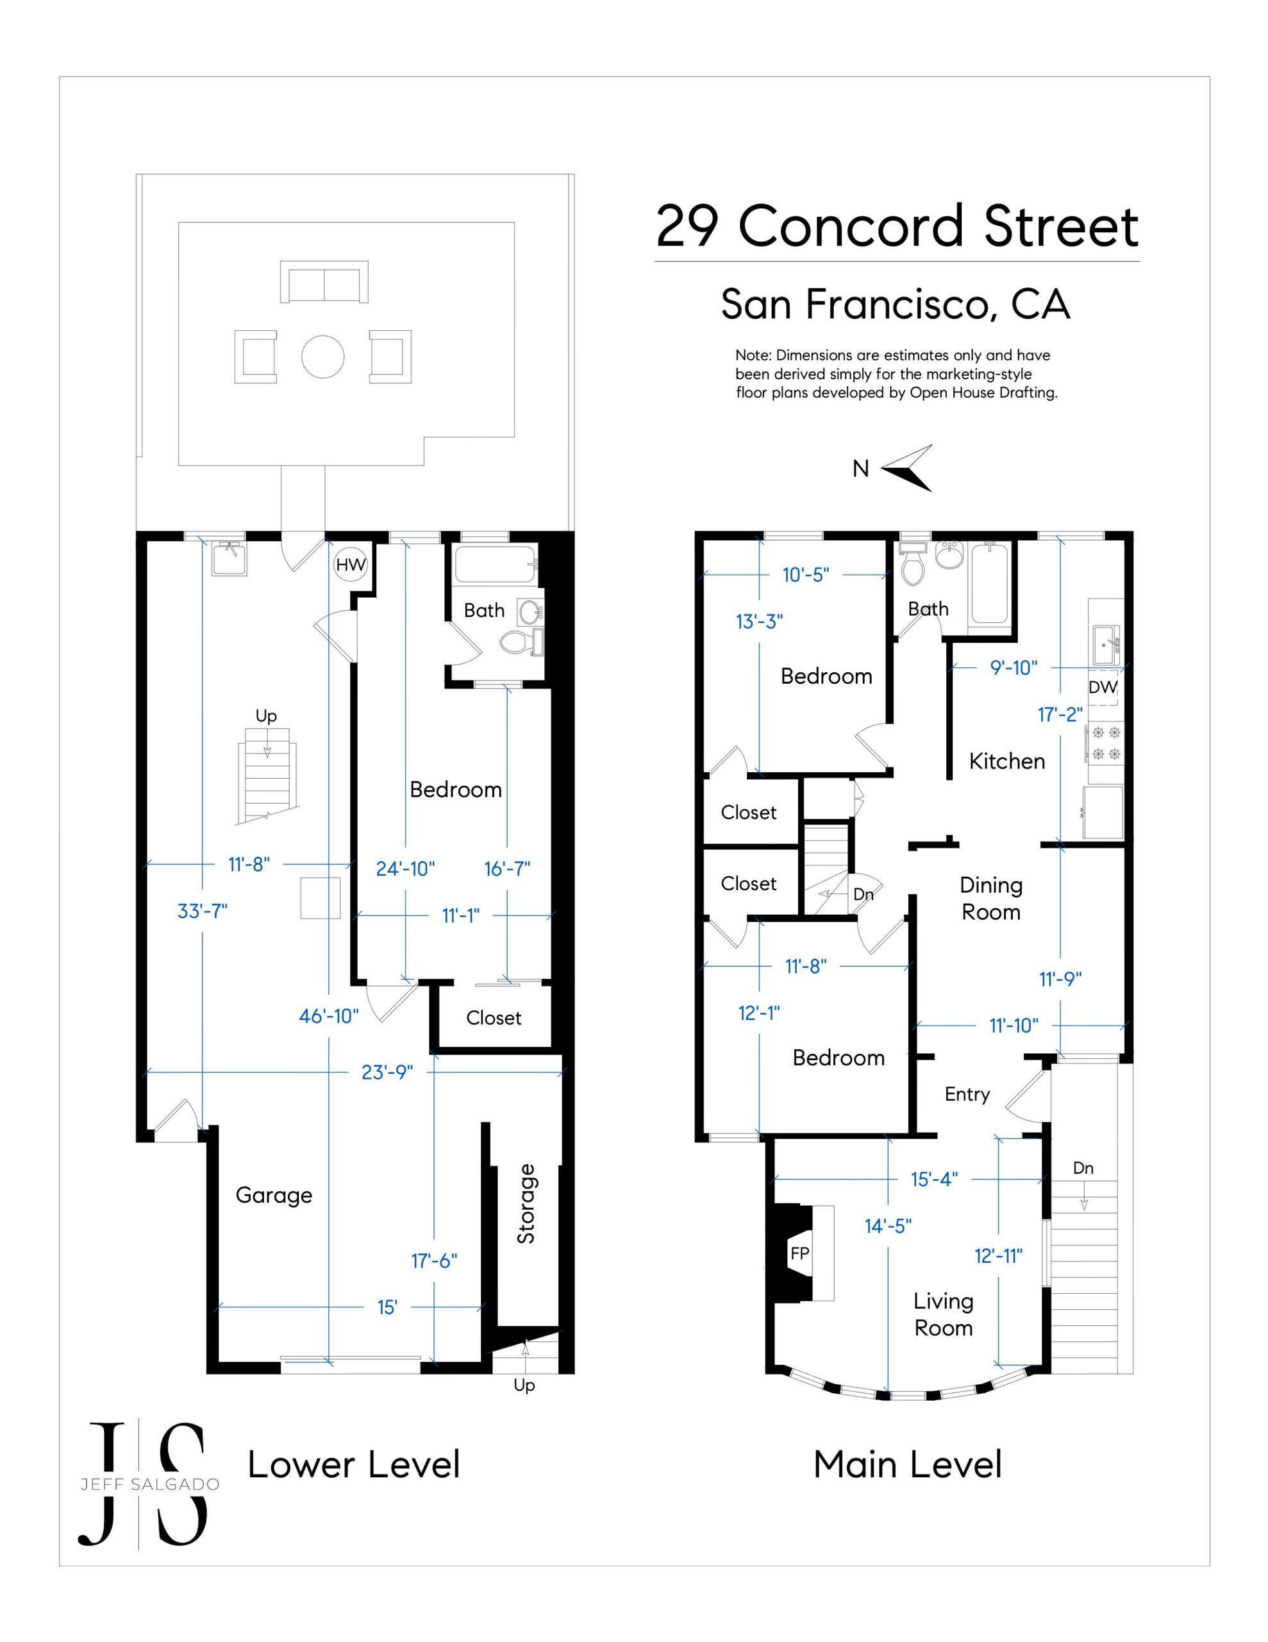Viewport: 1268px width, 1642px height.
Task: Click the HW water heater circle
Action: tap(350, 564)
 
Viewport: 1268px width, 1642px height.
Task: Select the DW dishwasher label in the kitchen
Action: tap(1103, 687)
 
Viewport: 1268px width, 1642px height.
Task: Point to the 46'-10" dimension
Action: tap(330, 1016)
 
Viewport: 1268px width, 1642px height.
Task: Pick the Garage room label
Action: tap(274, 1195)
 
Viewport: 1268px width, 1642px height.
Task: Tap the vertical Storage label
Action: tap(526, 1204)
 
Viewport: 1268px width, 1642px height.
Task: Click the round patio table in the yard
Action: tap(323, 357)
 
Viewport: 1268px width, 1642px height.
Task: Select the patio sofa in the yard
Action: tap(324, 282)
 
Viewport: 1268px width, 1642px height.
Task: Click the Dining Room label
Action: tap(990, 899)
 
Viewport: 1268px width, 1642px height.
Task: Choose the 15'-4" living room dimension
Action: tap(934, 1179)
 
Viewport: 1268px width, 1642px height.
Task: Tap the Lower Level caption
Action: tap(353, 1464)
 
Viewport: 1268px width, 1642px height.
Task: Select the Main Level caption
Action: tap(908, 1464)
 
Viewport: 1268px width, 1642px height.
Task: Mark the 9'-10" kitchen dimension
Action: tap(1014, 667)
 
